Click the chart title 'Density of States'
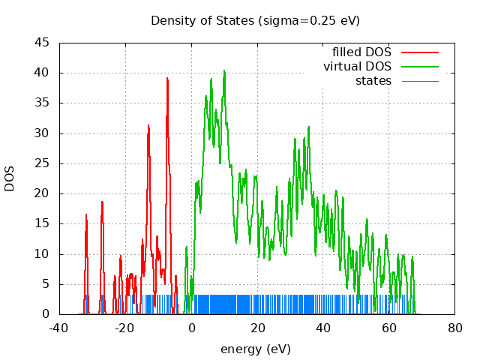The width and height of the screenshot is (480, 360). click(255, 20)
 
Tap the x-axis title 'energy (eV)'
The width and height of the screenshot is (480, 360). click(255, 349)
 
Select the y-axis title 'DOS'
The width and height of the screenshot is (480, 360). click(10, 178)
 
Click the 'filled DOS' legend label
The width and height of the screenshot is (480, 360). click(361, 52)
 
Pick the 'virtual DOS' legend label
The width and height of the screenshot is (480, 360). click(357, 67)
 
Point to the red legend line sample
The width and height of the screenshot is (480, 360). click(419, 52)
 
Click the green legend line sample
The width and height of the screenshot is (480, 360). click(419, 67)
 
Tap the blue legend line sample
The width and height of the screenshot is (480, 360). click(419, 80)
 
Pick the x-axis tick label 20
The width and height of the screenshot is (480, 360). click(257, 328)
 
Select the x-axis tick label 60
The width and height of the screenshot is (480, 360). click(389, 328)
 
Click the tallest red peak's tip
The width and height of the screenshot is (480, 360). click(167, 78)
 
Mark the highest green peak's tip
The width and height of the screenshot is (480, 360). click(223, 71)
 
